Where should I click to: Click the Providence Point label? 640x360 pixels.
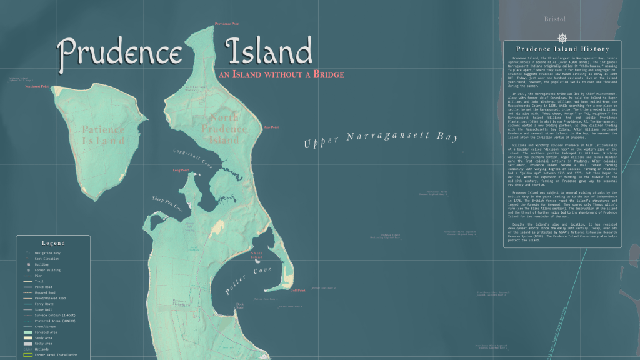click(227, 24)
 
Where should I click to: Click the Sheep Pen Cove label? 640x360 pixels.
click(167, 203)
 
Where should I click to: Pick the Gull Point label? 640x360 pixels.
click(297, 290)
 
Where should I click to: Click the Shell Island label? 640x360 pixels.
click(256, 256)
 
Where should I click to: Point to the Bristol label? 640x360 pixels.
click(555, 19)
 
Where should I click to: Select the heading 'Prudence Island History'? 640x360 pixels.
click(562, 49)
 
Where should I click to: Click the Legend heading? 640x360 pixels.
click(53, 242)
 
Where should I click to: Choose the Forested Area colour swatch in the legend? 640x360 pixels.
click(28, 332)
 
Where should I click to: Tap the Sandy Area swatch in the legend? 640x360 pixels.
click(28, 337)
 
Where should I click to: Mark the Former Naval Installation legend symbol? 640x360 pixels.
click(28, 355)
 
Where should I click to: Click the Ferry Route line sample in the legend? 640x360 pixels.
click(28, 304)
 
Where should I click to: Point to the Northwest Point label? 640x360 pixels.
click(37, 86)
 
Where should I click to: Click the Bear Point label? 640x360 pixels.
click(271, 127)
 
